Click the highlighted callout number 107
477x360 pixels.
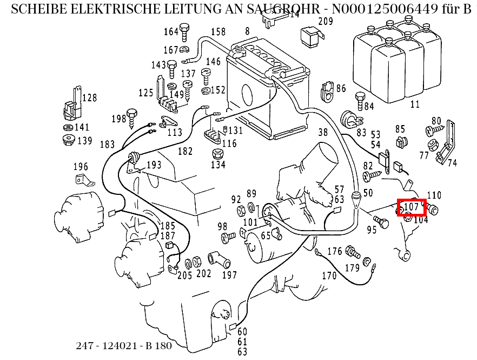[x=412, y=207]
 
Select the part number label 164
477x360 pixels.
[x=171, y=31]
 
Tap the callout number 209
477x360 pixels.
[x=325, y=22]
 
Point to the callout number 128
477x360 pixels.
[x=89, y=98]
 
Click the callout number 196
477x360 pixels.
[x=80, y=167]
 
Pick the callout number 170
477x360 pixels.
[x=329, y=276]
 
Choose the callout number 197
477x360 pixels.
[x=229, y=274]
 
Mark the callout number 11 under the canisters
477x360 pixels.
[x=415, y=103]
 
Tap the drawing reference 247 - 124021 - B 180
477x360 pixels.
[x=124, y=346]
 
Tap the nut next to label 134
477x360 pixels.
[x=217, y=154]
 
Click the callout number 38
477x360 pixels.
[x=323, y=132]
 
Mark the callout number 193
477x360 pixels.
[x=154, y=165]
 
